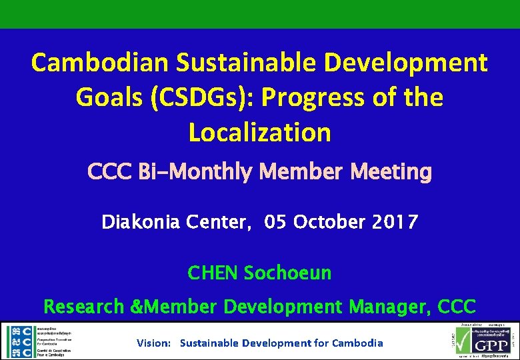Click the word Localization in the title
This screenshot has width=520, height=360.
[260, 132]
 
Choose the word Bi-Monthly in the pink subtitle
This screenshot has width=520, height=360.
[194, 172]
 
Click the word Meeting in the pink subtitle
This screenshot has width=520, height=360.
[393, 172]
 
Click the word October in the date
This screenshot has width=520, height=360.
[325, 222]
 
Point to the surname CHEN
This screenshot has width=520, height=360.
[213, 273]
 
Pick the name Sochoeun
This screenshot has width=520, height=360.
[287, 273]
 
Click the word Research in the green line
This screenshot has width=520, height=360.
[84, 307]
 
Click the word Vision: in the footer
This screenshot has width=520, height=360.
[154, 343]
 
